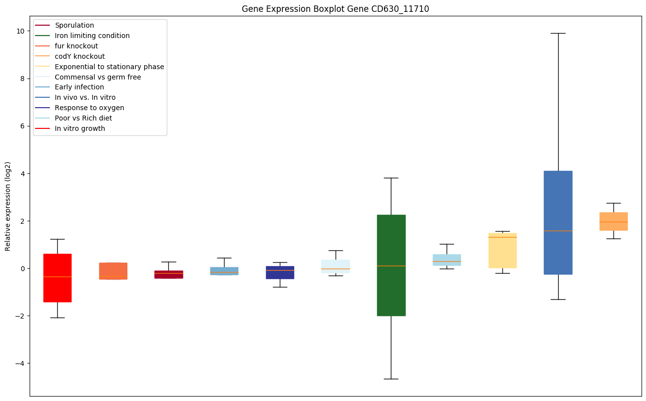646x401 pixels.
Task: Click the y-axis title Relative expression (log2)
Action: pyautogui.click(x=8, y=206)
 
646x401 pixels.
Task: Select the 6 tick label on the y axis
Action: pyautogui.click(x=22, y=126)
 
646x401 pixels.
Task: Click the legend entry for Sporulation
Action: pyautogui.click(x=74, y=25)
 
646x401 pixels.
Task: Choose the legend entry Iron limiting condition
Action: pyautogui.click(x=92, y=36)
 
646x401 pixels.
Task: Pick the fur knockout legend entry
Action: pyautogui.click(x=76, y=46)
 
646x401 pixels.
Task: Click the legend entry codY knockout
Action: pyautogui.click(x=79, y=56)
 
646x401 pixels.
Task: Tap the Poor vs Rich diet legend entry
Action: pyautogui.click(x=83, y=118)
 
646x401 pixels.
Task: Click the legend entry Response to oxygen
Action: pyautogui.click(x=89, y=108)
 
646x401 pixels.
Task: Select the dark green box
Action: pyautogui.click(x=391, y=265)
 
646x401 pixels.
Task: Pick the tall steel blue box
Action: pyautogui.click(x=558, y=222)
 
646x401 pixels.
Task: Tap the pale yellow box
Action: pyautogui.click(x=502, y=250)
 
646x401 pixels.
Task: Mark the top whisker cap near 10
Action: pyautogui.click(x=558, y=33)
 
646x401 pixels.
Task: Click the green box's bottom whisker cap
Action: pyautogui.click(x=391, y=379)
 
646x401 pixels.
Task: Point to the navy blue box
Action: pyautogui.click(x=280, y=273)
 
